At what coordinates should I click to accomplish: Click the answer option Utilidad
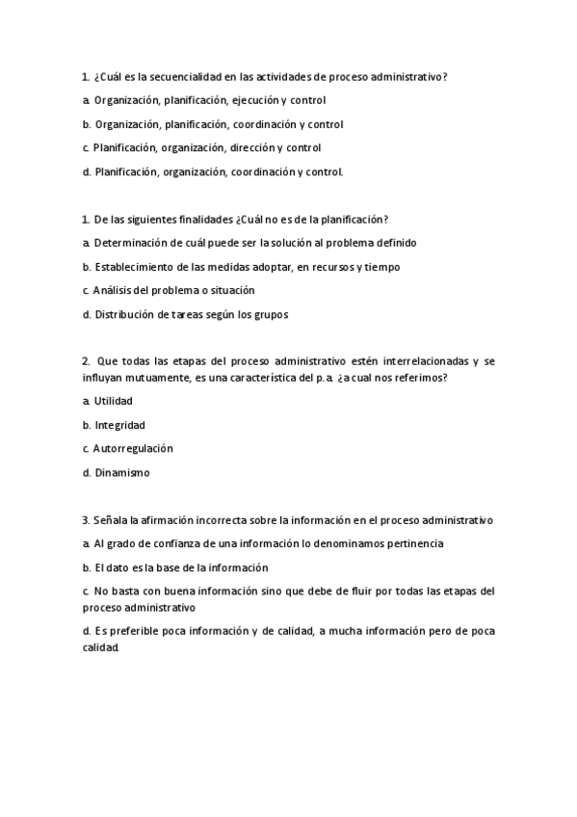[113, 401]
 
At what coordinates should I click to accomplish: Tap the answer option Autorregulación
[133, 449]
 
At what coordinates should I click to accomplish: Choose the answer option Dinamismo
[122, 473]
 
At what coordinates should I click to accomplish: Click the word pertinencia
[410, 544]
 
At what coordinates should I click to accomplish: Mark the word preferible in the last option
[142, 632]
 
